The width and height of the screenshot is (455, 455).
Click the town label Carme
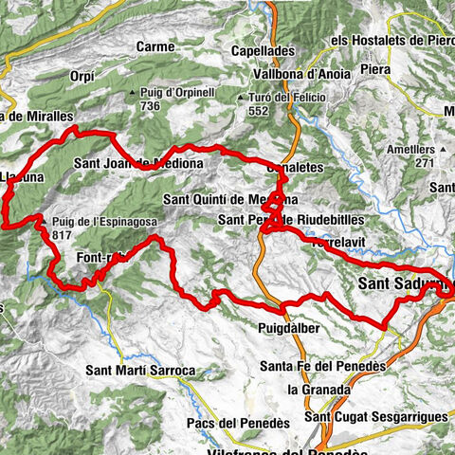(155, 46)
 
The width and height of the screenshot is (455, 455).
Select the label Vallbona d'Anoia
(293, 74)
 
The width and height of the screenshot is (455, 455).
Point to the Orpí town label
(83, 75)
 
